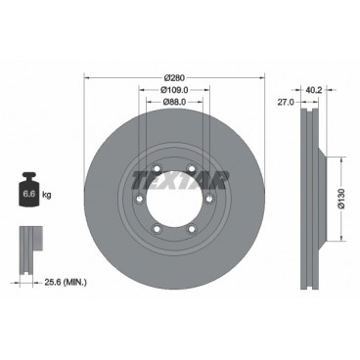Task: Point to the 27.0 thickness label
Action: click(285, 101)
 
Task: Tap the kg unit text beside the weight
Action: click(47, 197)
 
